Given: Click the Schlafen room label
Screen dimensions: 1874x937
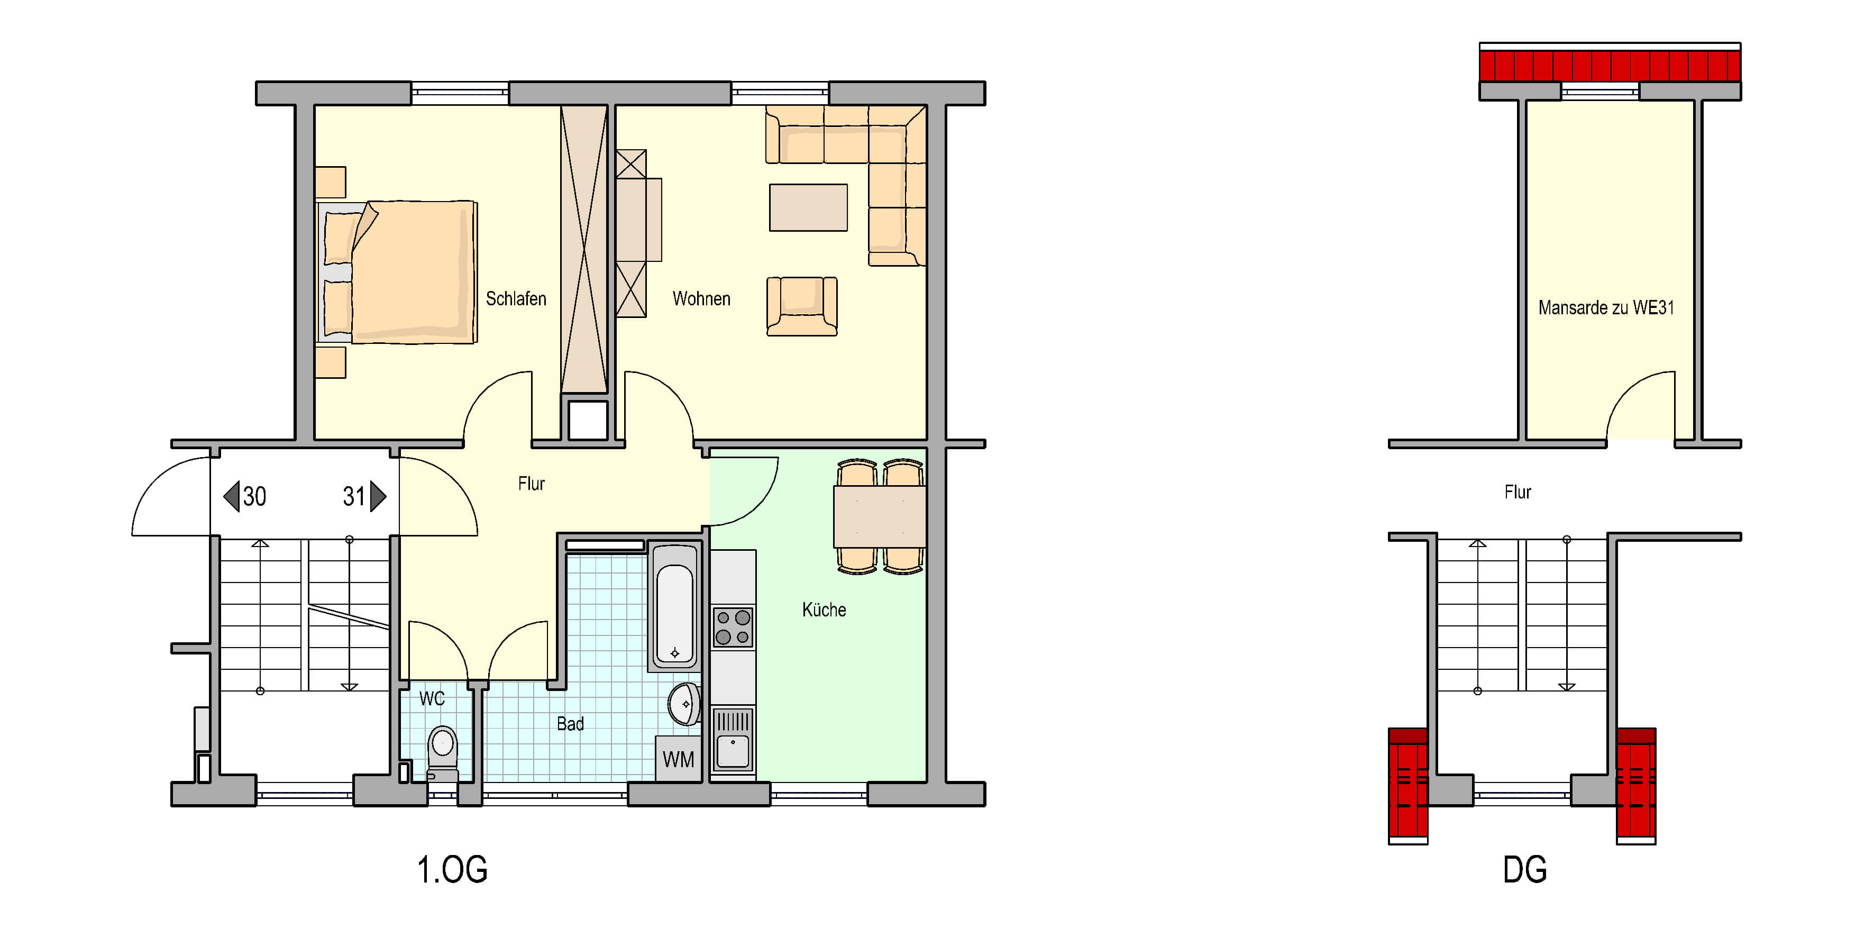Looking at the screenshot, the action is point(516,299).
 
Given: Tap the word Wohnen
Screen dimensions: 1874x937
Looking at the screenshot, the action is point(701,299).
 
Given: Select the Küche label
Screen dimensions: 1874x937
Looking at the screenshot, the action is point(824,609).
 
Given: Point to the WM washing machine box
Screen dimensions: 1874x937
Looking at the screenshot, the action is point(678,759).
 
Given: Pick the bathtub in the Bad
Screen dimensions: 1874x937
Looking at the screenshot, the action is point(674,605).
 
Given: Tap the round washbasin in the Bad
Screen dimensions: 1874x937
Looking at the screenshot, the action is point(684,704).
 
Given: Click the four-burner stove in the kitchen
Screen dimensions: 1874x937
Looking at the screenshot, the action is point(733,627).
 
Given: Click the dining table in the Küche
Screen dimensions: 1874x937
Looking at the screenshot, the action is point(880,516).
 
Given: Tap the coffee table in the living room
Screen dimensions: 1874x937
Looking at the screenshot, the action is point(808,207).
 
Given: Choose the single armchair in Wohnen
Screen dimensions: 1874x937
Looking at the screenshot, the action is point(802,306).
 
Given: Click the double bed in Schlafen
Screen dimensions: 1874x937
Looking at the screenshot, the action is point(397,272).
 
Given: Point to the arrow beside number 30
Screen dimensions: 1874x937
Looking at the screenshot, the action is point(231,496).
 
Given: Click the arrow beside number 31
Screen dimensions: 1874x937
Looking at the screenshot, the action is point(378,496).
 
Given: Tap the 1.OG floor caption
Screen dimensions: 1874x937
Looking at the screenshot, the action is point(452,869).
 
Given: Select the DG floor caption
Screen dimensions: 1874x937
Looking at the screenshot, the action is point(1525,869).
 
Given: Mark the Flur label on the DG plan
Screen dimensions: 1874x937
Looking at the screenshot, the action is point(1518,493).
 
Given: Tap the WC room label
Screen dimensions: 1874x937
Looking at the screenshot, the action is point(432,699).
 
